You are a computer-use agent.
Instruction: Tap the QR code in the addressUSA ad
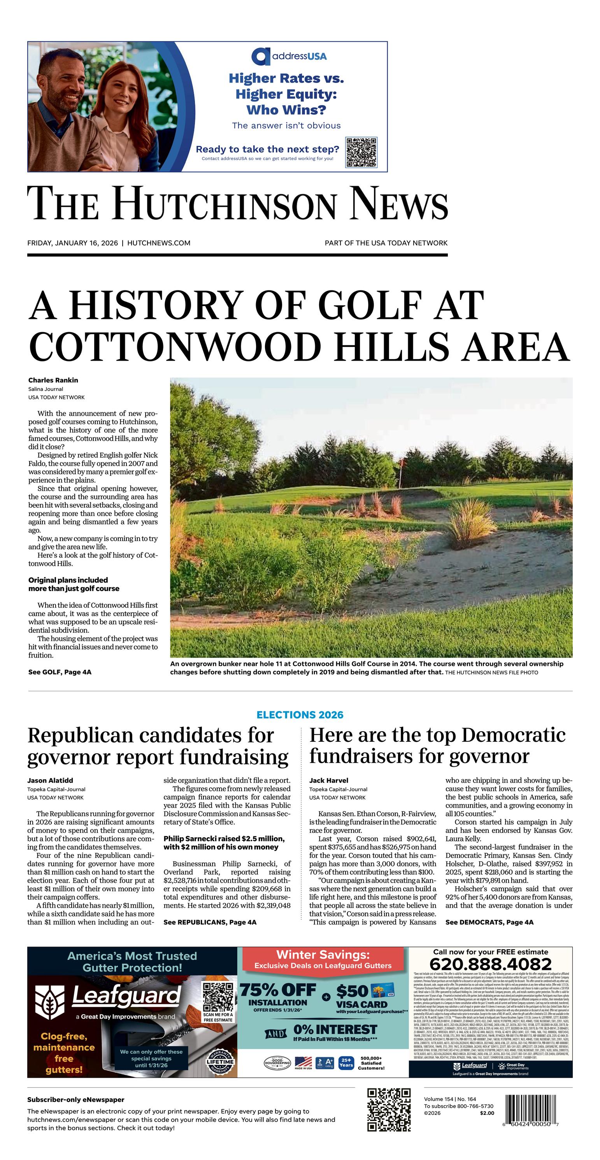tap(361, 152)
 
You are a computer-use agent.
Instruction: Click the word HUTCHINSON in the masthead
tap(225, 204)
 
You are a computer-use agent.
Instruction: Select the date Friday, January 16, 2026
tap(72, 243)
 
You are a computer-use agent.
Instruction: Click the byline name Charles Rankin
tap(53, 380)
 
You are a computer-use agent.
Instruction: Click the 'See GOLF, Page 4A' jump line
tap(60, 672)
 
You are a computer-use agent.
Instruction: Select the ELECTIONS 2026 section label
tap(300, 715)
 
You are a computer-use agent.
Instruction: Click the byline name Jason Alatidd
tap(50, 780)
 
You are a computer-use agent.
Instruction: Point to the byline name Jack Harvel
tap(328, 780)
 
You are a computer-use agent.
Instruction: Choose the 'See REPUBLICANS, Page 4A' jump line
tap(210, 922)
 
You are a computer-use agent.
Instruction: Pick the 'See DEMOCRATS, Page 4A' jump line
tap(489, 922)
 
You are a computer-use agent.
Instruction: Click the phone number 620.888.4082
tap(490, 964)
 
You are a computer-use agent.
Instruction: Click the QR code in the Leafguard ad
tap(218, 997)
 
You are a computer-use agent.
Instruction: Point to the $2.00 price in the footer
tap(486, 1113)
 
